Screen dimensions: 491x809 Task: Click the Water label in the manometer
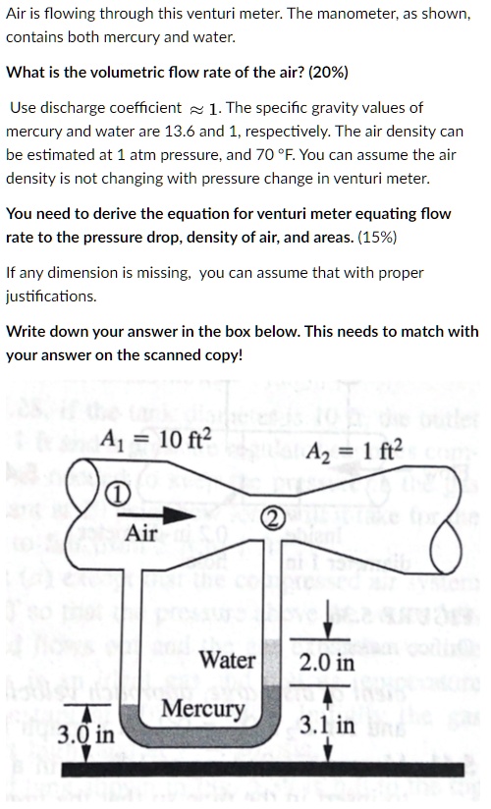(x=228, y=661)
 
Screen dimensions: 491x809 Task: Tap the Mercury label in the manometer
(x=202, y=709)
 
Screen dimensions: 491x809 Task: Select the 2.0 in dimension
(x=328, y=664)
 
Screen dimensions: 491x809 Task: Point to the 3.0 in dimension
(x=85, y=734)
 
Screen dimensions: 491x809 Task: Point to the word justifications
(x=51, y=296)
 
